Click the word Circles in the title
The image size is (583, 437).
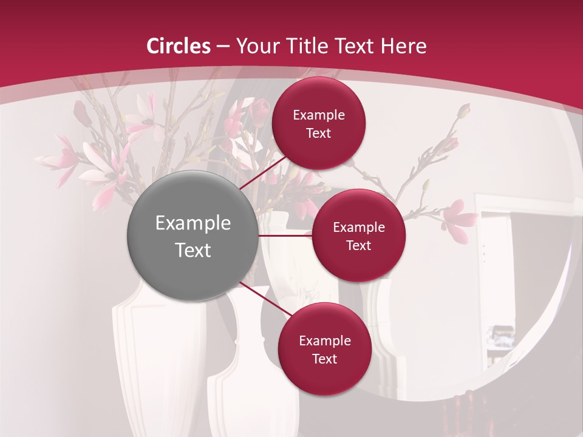[x=179, y=46]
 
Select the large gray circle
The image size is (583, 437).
[x=192, y=235]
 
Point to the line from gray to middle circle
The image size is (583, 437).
[x=285, y=235]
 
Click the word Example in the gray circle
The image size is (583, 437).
[x=193, y=223]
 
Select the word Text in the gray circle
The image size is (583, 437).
[x=193, y=250]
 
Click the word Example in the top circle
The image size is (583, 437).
[x=319, y=115]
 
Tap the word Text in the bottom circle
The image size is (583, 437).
[x=324, y=359]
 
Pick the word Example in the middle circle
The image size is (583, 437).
[x=359, y=228]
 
